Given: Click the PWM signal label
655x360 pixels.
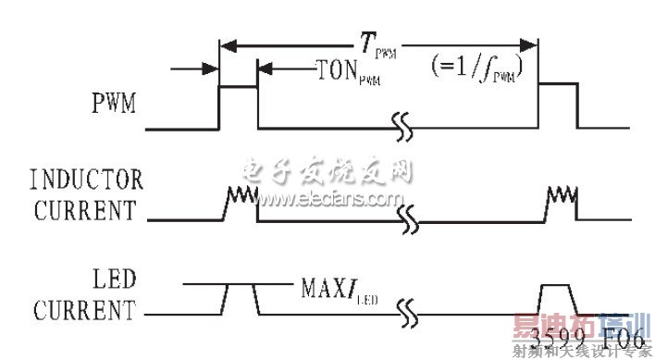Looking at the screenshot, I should (x=116, y=103).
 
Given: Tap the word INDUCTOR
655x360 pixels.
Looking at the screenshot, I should (x=87, y=178).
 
